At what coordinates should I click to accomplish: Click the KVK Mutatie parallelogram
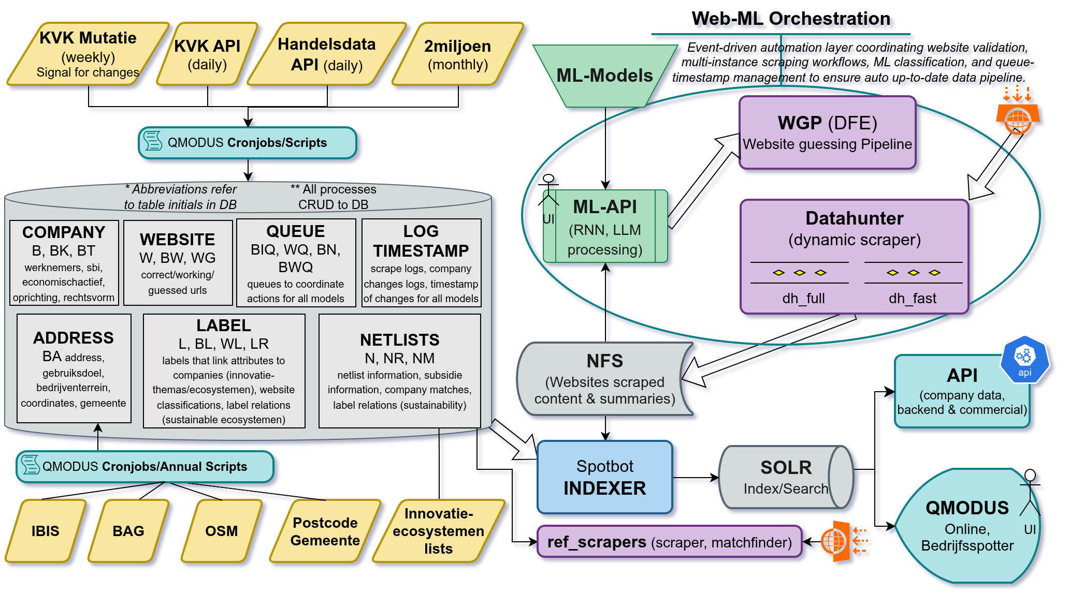coord(88,54)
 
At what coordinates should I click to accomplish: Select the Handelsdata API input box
coord(327,54)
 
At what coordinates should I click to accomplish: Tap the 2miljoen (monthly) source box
coord(458,54)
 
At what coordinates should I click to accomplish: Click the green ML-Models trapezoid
coord(604,76)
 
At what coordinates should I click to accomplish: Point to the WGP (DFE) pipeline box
coord(827,132)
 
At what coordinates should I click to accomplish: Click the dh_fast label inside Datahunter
coord(913,299)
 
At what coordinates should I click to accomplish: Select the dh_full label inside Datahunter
coord(803,299)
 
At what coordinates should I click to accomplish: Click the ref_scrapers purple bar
coord(669,542)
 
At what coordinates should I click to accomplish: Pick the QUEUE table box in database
coord(296,263)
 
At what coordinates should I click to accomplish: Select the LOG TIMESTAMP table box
coord(421,263)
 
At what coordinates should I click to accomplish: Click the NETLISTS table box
coord(399,370)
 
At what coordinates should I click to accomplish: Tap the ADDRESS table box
coord(74,368)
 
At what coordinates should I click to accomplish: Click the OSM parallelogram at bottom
coord(222,531)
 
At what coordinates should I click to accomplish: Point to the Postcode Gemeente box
coord(325,531)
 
